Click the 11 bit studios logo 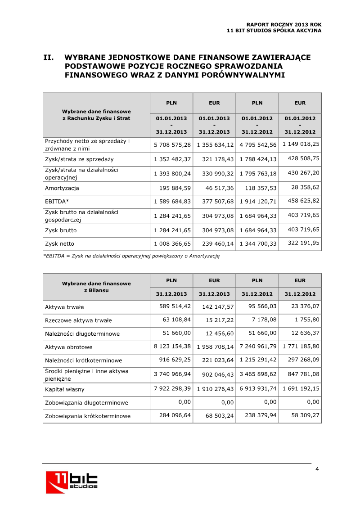pyautogui.click(x=72, y=482)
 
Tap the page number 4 pyautogui.click(x=317, y=469)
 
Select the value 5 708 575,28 pyautogui.click(x=172, y=145)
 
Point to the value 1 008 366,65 pyautogui.click(x=172, y=243)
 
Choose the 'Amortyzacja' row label pyautogui.click(x=62, y=188)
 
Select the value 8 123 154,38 pyautogui.click(x=172, y=347)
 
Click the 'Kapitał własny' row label pyautogui.click(x=64, y=389)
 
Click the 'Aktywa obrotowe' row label pyautogui.click(x=68, y=347)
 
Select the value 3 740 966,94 pyautogui.click(x=172, y=374)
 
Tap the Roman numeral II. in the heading pyautogui.click(x=49, y=58)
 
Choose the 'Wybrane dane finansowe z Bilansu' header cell pyautogui.click(x=96, y=287)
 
